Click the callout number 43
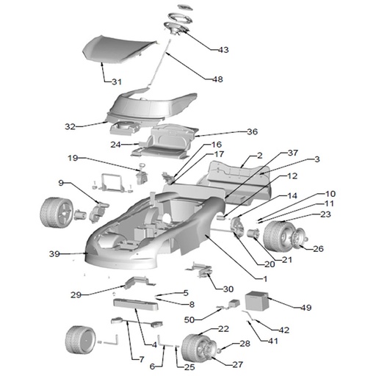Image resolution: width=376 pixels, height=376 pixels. point(223,50)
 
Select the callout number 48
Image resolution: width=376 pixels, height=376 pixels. point(217,79)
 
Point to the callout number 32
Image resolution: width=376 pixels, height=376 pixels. point(70,126)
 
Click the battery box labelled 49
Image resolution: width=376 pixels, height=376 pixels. point(257,300)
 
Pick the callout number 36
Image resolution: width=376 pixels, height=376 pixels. point(253,131)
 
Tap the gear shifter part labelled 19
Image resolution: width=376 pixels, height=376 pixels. point(142,174)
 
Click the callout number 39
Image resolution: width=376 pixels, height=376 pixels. point(54,254)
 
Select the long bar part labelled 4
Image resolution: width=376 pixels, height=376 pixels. point(135,304)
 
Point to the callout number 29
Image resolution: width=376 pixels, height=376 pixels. point(76,294)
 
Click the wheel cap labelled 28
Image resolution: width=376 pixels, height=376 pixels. point(219,351)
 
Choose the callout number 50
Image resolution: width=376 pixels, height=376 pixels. point(189,319)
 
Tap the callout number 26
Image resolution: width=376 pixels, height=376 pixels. point(318,249)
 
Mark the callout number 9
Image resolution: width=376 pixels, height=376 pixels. point(61,183)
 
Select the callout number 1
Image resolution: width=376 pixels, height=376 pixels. point(265,278)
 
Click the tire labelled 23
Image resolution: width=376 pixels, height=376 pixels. point(278,236)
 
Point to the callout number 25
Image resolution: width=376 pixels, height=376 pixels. point(189,367)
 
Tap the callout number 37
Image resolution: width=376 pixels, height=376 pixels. point(293,153)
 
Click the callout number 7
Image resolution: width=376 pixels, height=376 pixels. point(142,359)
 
